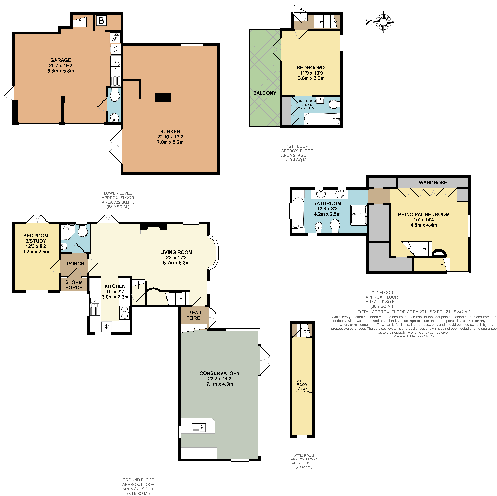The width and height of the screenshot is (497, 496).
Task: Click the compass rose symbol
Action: [383, 22]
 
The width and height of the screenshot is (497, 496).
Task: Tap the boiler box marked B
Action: [101, 21]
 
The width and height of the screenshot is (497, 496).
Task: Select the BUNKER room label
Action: [170, 131]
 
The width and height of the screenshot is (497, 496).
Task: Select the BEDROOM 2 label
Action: [311, 68]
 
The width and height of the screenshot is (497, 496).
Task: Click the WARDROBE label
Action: [433, 183]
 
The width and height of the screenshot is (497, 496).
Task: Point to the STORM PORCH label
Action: [74, 285]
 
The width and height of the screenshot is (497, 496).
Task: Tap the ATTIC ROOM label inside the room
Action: [302, 383]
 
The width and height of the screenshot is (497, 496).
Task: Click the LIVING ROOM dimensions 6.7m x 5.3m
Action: [176, 263]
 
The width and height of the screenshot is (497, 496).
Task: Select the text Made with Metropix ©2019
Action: [414, 336]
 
